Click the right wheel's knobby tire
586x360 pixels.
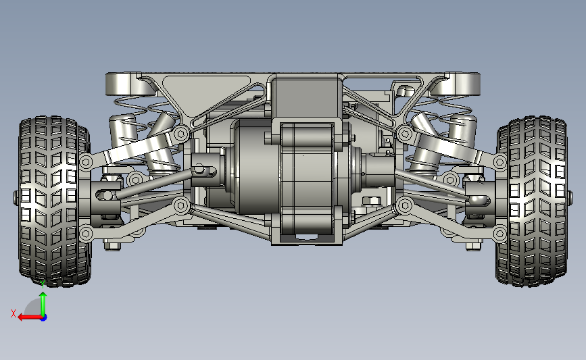[x=532, y=202]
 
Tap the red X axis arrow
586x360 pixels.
[x=30, y=317]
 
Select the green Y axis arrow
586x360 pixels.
[x=43, y=304]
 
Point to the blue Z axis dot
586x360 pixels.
[x=44, y=318]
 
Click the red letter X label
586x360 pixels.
[x=14, y=313]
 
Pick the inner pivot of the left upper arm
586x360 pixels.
[x=181, y=133]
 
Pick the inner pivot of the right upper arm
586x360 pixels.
[x=404, y=133]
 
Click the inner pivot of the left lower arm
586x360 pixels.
[x=181, y=205]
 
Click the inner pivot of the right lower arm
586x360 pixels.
[x=404, y=205]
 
